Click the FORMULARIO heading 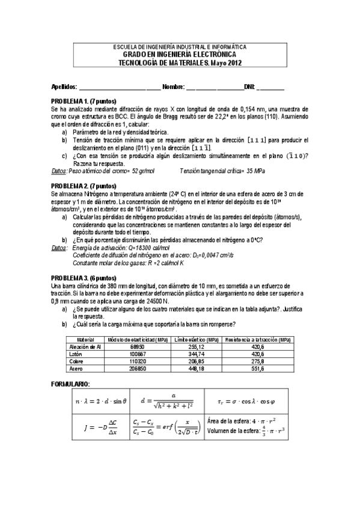[x=71, y=383]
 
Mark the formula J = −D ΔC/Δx [x=97, y=426]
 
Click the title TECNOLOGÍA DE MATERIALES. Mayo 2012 [x=180, y=63]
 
